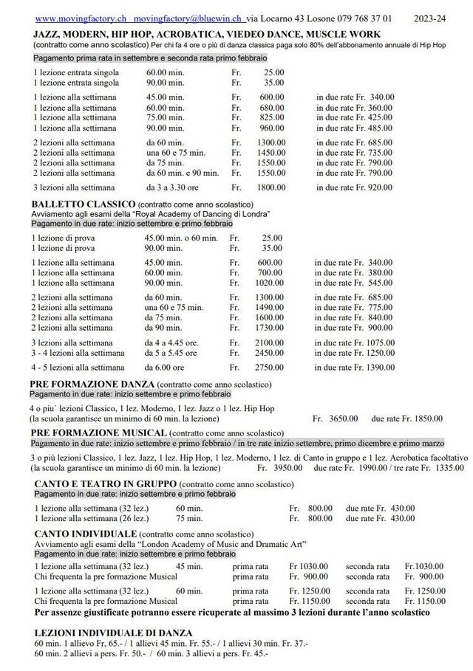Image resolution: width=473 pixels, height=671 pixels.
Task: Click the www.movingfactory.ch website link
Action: (81, 18)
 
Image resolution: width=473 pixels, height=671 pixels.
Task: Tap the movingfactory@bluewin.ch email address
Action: (190, 18)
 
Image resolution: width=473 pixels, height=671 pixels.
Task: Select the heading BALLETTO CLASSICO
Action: (83, 204)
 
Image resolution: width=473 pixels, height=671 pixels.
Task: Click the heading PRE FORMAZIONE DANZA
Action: (92, 385)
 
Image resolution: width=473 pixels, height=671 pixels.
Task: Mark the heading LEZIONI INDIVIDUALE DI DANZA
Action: (113, 633)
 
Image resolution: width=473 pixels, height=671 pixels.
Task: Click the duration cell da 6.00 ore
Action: (165, 367)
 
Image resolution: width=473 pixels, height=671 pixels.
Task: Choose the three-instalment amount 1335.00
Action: (449, 467)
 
